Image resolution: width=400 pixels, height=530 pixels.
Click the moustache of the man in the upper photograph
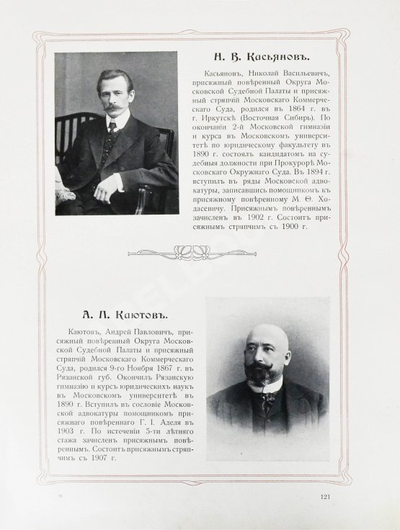click(113, 107)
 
